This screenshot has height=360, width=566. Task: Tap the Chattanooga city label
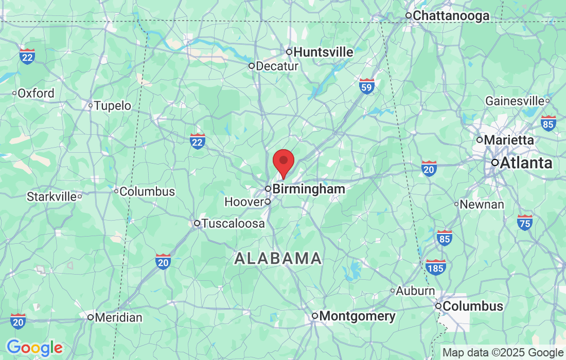pos(451,16)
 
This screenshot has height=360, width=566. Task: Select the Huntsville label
pos(323,52)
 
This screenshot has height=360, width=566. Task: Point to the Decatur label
pos(277,66)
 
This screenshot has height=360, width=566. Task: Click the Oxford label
pos(36,94)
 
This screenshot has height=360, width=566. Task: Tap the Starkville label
pos(51,196)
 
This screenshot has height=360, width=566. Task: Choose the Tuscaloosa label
pos(233,224)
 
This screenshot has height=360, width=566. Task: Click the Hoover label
pos(244,202)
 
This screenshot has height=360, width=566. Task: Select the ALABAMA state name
pos(278,258)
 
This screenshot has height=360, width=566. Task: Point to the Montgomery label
pos(358,316)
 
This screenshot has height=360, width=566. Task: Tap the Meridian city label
pos(118,318)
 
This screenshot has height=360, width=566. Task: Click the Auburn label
pos(415,291)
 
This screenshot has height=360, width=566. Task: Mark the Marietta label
pos(508,140)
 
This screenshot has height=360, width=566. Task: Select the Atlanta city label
pos(526,163)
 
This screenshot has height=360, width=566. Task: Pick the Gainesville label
pos(515,101)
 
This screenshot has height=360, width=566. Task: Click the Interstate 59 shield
pos(367,85)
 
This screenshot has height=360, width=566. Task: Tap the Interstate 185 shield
pos(436,267)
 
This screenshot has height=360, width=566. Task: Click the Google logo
pos(34,348)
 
